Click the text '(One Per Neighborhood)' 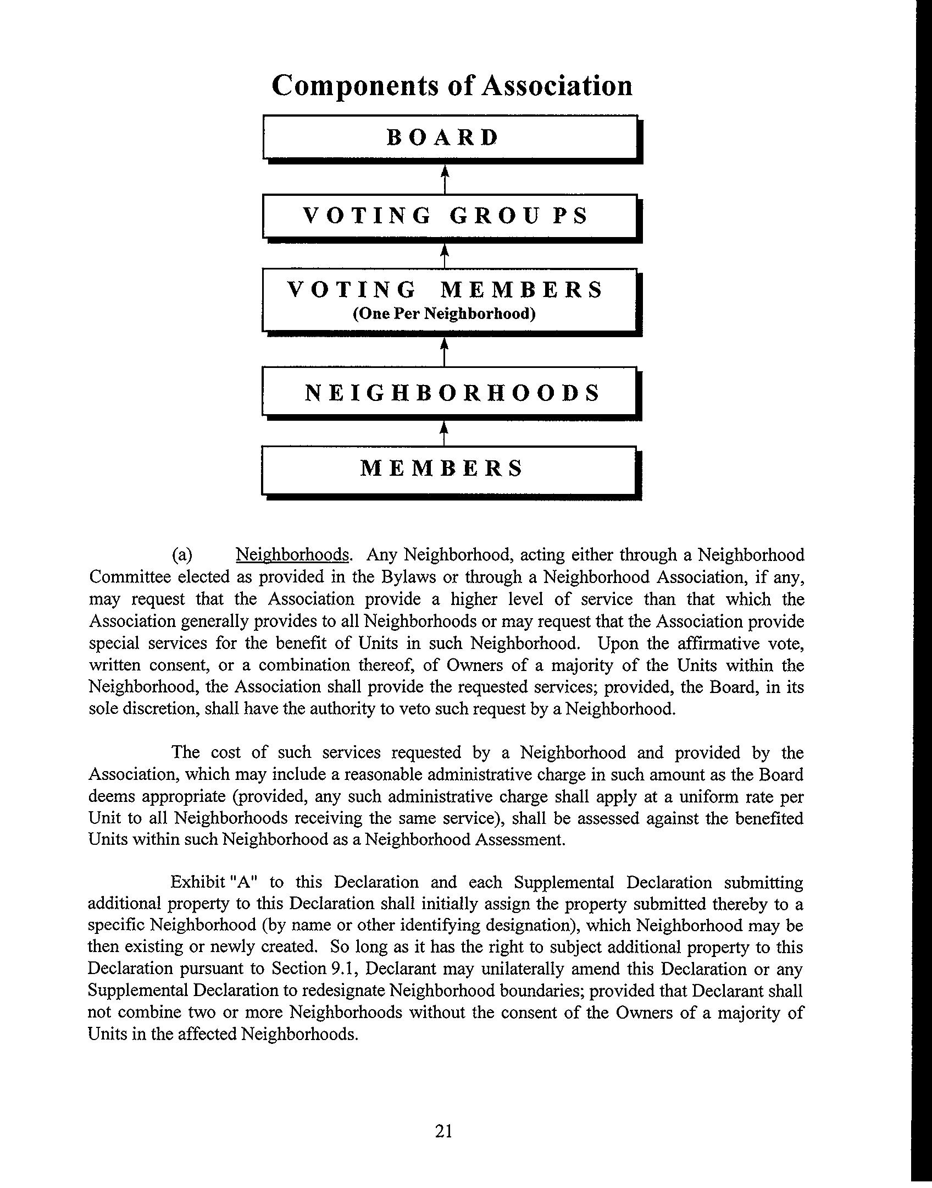click(444, 313)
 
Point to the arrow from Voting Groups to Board click(445, 179)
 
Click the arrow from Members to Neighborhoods click(445, 433)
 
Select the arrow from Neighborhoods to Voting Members click(445, 351)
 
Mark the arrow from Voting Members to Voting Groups click(445, 256)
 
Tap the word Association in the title click(557, 86)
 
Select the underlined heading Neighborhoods click(292, 555)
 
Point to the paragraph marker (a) click(182, 555)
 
